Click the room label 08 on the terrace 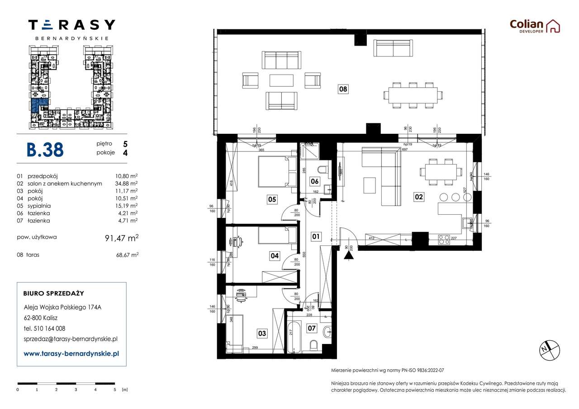[x=343, y=89]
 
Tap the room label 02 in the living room [x=418, y=197]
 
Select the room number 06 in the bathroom [x=314, y=182]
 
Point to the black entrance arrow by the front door [x=348, y=255]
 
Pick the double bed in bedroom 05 [x=277, y=171]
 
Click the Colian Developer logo [x=535, y=26]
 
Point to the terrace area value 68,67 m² [x=127, y=255]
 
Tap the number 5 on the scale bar [x=115, y=389]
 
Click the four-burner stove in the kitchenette [x=444, y=239]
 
